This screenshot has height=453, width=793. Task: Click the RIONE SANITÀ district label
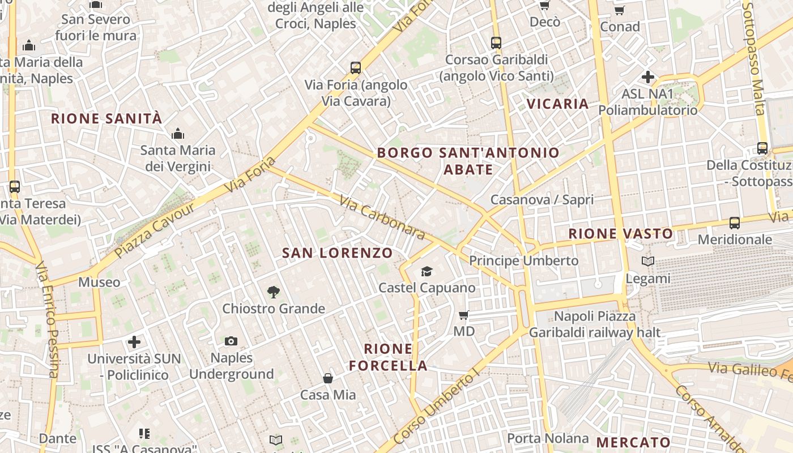click(106, 119)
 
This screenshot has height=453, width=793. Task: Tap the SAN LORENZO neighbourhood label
click(338, 253)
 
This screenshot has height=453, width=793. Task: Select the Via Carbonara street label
click(382, 217)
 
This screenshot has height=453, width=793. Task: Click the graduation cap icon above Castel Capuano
click(427, 272)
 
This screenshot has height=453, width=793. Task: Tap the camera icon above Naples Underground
click(231, 341)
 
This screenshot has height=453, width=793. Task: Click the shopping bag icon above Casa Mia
click(328, 378)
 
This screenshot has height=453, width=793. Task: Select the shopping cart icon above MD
click(464, 315)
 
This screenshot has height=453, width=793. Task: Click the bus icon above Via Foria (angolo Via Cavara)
click(356, 68)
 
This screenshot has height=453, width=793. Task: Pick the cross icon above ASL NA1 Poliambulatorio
click(648, 77)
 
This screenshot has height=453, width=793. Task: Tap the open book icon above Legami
click(648, 262)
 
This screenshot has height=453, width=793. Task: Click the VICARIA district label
click(558, 104)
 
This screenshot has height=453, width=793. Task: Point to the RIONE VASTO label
click(621, 233)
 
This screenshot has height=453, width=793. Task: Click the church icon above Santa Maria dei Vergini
click(178, 134)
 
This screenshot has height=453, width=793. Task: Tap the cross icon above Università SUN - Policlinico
click(134, 342)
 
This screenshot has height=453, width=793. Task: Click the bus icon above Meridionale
click(735, 223)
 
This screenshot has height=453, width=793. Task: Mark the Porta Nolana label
click(548, 438)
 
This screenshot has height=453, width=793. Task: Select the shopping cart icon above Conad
click(620, 10)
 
